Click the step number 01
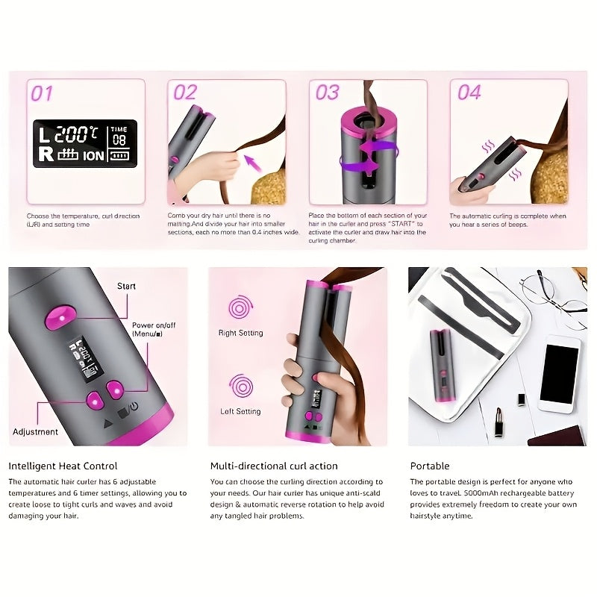tap(42, 93)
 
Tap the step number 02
tap(184, 93)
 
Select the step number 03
tap(327, 93)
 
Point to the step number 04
tap(469, 93)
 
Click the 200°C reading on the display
tap(75, 134)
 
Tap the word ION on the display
tap(93, 156)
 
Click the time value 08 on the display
tap(119, 140)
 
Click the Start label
tap(126, 286)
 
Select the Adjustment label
tap(35, 431)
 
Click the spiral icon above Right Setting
tap(240, 308)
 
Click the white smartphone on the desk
tap(559, 373)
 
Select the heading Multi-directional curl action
tap(274, 466)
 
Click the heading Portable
tap(430, 466)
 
